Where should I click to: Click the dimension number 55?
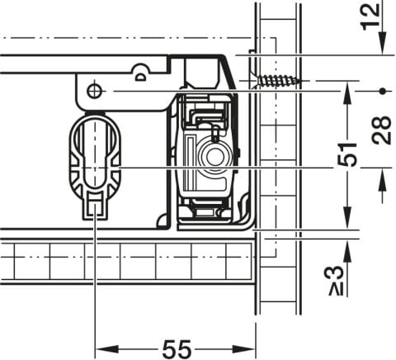click(177, 349)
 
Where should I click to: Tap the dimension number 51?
click(347, 155)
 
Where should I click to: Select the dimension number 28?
click(381, 130)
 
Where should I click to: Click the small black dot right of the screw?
click(382, 91)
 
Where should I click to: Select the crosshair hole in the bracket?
click(94, 90)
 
